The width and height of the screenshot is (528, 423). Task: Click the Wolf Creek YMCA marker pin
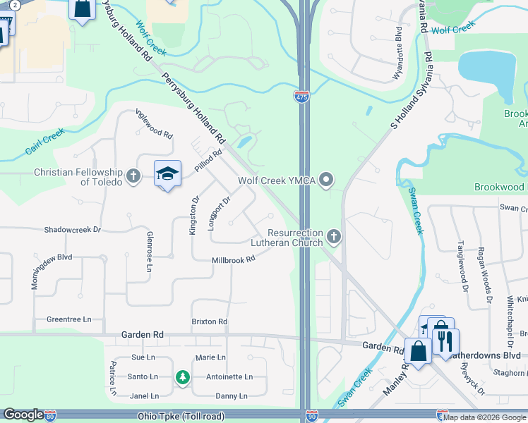click(x=325, y=181)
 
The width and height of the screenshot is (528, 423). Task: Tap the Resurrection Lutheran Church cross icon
click(x=334, y=237)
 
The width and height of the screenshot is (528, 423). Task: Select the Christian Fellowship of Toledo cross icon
click(x=133, y=176)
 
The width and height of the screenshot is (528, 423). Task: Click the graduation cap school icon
click(x=168, y=173)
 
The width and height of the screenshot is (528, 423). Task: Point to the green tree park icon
click(x=183, y=378)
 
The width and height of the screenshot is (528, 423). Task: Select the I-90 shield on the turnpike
click(x=311, y=417)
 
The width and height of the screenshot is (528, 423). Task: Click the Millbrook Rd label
click(x=233, y=260)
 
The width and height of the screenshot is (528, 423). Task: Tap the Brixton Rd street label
click(x=210, y=321)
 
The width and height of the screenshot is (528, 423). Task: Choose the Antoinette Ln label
click(x=229, y=377)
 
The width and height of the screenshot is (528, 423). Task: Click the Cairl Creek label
click(x=44, y=141)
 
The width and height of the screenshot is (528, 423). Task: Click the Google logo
click(x=23, y=415)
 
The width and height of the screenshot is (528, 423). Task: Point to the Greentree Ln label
click(x=69, y=319)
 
